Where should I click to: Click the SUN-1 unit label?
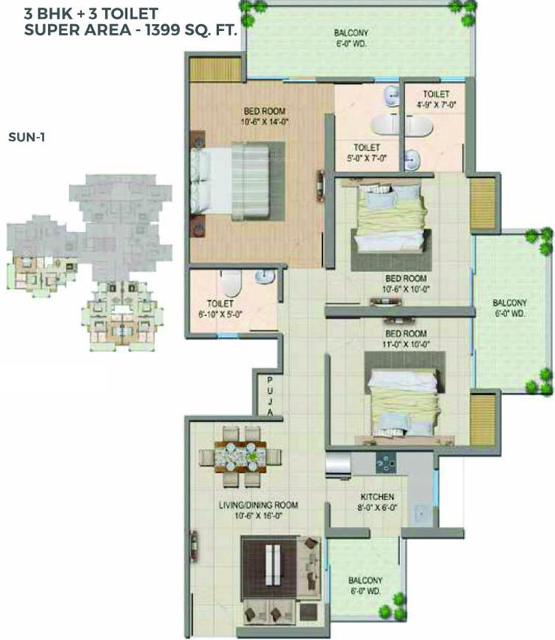(x=26, y=137)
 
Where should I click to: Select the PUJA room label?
(x=270, y=397)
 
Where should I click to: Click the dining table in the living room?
(x=240, y=456)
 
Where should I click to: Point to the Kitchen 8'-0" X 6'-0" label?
(x=377, y=502)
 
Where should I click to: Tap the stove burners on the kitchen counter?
(x=385, y=463)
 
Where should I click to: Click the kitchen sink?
(x=420, y=514)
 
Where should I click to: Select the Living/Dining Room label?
(x=258, y=511)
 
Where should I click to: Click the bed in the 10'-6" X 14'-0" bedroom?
(x=237, y=181)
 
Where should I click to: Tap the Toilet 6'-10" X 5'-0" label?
(x=221, y=308)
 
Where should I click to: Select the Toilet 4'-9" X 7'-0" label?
(x=436, y=99)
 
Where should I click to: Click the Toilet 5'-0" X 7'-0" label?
(x=367, y=152)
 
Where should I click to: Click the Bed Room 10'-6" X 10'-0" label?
(x=406, y=284)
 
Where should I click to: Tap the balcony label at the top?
(x=351, y=38)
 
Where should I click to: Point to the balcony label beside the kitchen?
(x=365, y=586)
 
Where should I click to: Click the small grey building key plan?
(x=89, y=262)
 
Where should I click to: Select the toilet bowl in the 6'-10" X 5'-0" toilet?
(x=230, y=282)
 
